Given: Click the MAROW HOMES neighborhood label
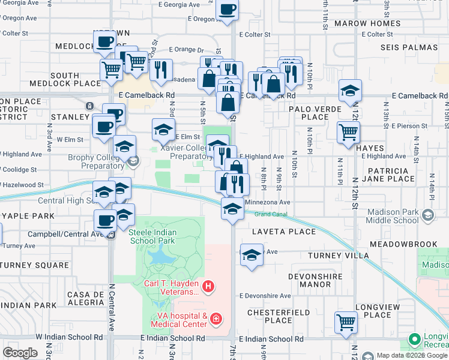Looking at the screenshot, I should click(x=367, y=23).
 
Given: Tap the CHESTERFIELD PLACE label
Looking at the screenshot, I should click(x=279, y=316).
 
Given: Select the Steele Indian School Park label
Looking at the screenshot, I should click(x=151, y=236).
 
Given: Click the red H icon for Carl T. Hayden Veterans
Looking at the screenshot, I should click(x=208, y=287).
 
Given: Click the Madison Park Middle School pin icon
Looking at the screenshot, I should click(x=427, y=215).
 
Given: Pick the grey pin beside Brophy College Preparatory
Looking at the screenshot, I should click(x=132, y=160).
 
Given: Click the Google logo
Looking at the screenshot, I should click(x=20, y=352).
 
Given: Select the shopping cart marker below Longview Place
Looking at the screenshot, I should click(x=346, y=322).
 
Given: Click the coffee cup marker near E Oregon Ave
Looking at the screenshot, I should click(x=227, y=10).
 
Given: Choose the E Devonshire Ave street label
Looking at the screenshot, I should click(x=265, y=296).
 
